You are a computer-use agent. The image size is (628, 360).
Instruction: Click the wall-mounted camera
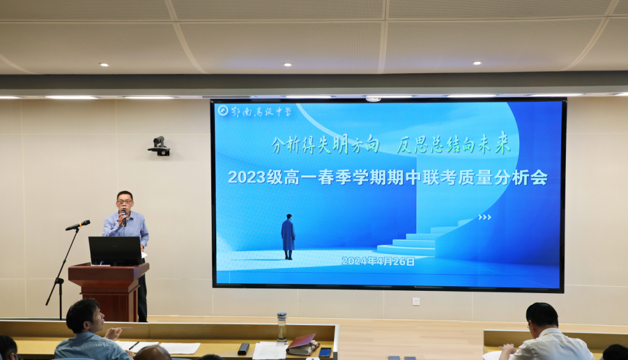coord(159,146)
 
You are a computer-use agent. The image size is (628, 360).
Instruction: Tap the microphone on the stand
coord(78,225)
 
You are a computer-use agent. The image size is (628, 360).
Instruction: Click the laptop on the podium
coord(115,251)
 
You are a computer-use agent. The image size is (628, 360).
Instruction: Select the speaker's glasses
coord(124,202)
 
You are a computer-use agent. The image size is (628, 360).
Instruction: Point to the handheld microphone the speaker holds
coord(124,218)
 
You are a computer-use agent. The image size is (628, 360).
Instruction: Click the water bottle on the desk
coord(282,327)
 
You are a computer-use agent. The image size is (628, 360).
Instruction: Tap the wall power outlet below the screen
coord(416,301)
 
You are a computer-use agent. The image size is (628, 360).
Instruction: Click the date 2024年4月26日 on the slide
coord(378,261)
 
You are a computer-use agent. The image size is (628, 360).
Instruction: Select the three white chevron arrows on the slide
coord(484,218)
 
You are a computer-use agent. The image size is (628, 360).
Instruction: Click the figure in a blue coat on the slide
coord(288,237)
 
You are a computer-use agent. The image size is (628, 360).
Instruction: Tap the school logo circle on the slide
coord(223,110)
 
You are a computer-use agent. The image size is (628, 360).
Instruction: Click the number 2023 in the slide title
coord(247,177)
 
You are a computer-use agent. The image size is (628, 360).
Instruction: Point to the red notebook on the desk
coord(302,344)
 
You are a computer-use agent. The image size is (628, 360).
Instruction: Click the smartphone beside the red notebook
coord(325,352)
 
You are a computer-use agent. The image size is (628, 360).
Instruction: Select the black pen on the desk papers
coord(134,345)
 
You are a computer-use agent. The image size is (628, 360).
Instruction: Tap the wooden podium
coord(109,291)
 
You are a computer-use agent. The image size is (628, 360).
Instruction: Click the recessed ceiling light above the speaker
coord(104,65)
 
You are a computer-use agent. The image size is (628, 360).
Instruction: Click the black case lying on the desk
coord(243,349)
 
